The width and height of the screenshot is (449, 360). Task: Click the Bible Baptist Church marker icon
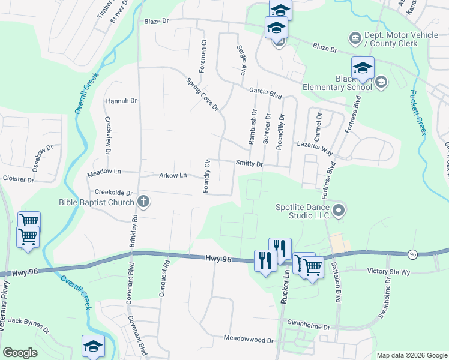(143, 202)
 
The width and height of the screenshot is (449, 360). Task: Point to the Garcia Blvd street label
(265, 94)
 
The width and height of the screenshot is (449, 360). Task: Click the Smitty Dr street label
(249, 163)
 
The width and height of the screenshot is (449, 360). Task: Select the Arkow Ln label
(173, 175)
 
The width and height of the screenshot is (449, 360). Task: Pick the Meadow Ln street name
(104, 172)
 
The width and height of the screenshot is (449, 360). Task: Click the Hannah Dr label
(121, 101)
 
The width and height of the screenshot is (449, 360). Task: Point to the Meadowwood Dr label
(248, 340)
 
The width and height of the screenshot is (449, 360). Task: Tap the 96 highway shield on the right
(412, 254)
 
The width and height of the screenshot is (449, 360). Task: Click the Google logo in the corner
(19, 353)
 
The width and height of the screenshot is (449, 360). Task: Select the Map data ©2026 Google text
(411, 355)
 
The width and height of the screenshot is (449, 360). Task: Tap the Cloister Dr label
(17, 179)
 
